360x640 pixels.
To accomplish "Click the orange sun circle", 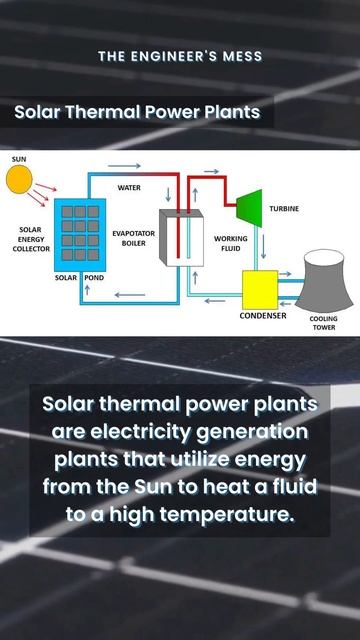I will (x=19, y=179).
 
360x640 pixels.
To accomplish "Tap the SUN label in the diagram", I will (x=19, y=159).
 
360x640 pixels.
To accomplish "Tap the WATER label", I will (x=130, y=187).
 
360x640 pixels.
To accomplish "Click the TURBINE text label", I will (x=284, y=208).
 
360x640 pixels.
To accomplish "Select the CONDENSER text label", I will (x=262, y=316).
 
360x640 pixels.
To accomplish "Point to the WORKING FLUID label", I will (x=230, y=244).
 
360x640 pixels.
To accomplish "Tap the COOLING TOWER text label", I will (x=323, y=323).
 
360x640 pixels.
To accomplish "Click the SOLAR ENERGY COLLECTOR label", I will (x=30, y=237).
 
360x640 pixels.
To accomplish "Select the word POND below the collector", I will (x=94, y=276).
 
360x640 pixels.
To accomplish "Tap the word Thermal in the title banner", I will (x=105, y=112).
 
